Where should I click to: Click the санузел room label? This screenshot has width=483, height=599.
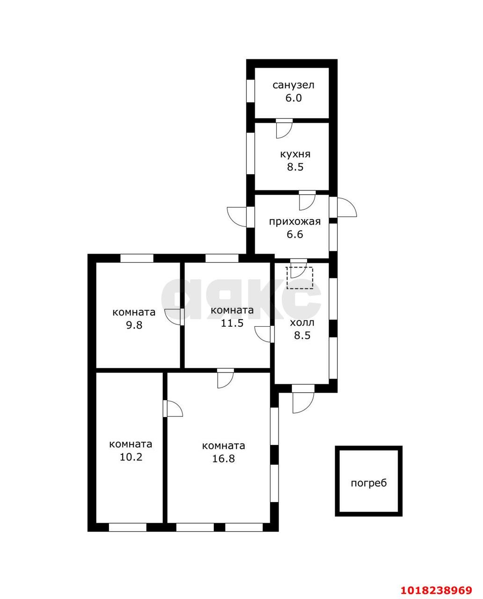click(293, 85)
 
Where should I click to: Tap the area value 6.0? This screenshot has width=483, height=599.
click(293, 98)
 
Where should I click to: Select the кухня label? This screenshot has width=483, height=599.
click(295, 154)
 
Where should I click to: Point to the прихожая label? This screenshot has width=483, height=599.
click(295, 222)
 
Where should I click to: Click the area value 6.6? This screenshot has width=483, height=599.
click(295, 234)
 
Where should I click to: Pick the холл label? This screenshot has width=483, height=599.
click(302, 323)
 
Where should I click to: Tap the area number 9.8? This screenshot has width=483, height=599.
click(134, 325)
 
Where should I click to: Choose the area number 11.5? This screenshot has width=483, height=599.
click(232, 323)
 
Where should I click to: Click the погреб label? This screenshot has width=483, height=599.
click(369, 483)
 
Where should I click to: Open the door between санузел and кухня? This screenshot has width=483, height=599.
click(284, 128)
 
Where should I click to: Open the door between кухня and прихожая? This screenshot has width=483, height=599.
click(307, 200)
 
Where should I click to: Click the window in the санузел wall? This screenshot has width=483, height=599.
click(250, 91)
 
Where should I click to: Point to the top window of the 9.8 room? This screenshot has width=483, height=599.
click(137, 258)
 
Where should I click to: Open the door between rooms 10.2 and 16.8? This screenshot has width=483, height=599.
click(173, 409)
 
